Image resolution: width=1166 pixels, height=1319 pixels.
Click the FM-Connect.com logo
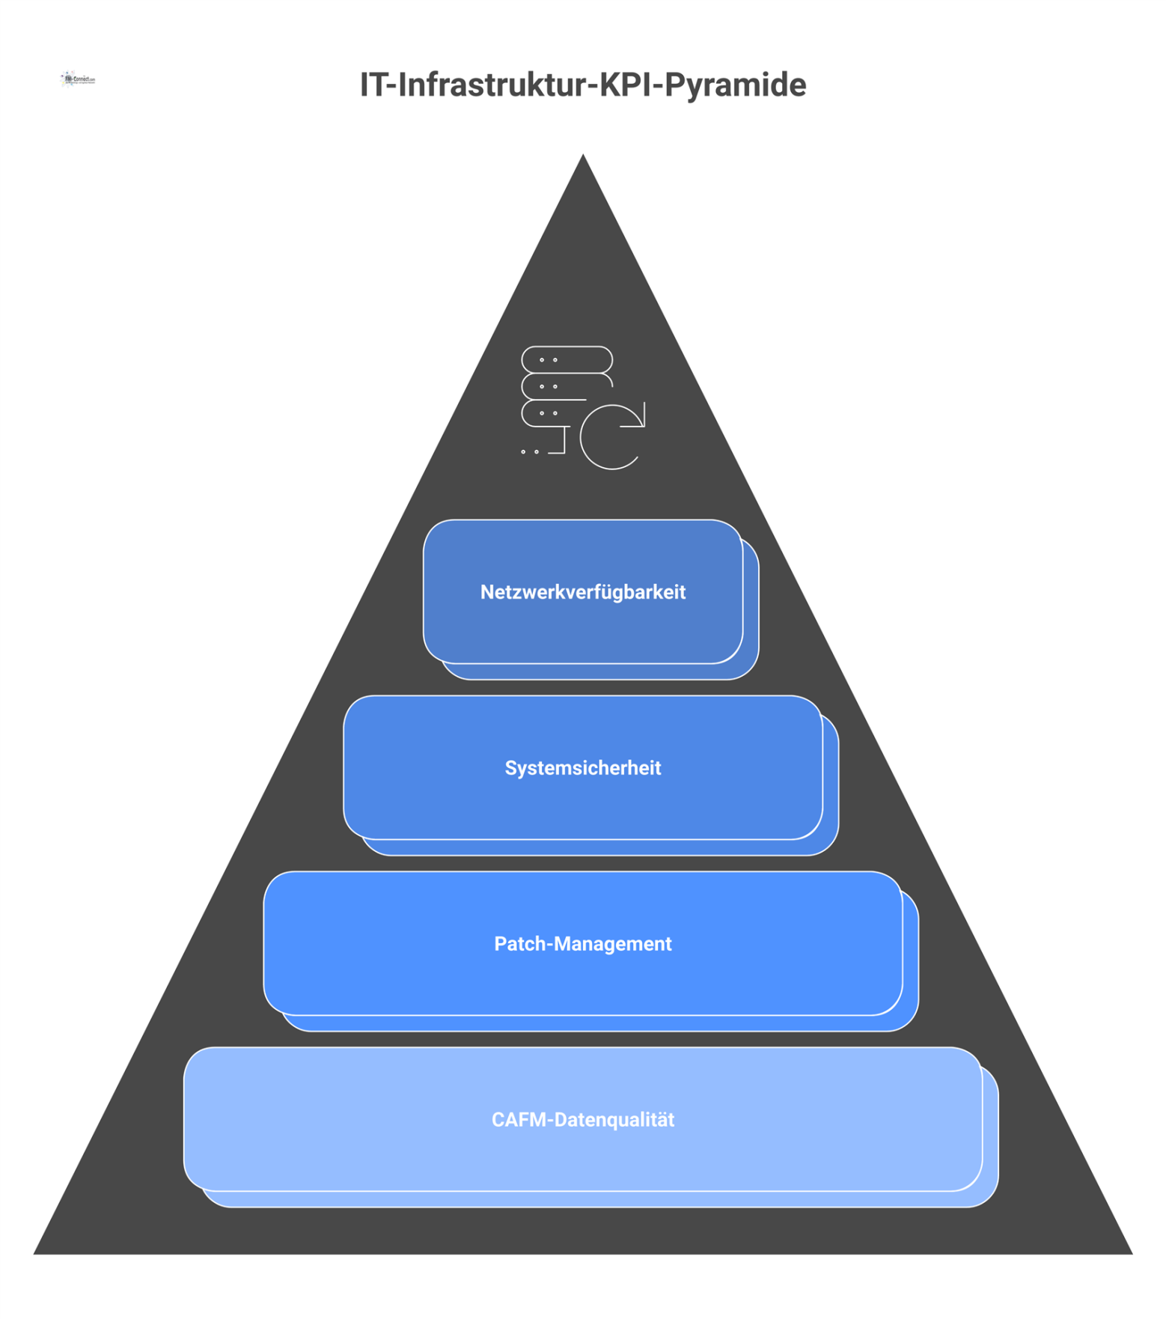click(78, 79)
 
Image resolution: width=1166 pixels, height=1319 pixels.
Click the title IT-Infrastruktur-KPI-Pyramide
click(582, 85)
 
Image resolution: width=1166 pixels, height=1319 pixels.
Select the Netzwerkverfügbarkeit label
click(582, 592)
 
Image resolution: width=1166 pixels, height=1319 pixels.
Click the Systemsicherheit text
click(582, 768)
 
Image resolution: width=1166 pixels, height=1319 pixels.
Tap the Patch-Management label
click(582, 944)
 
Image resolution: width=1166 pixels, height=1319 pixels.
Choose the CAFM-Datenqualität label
click(582, 1120)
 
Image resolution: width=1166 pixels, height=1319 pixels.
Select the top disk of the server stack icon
click(567, 359)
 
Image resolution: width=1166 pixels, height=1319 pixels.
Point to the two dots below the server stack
click(530, 452)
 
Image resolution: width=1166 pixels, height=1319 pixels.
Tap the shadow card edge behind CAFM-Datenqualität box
click(991, 1138)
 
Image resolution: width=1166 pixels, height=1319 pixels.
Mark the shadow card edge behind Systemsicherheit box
click(831, 786)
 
